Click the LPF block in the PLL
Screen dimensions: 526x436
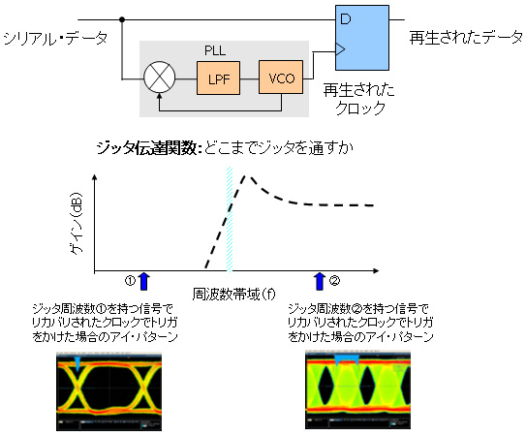[218, 78]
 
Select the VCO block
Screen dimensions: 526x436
[281, 78]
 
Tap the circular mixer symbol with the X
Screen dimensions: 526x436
[159, 78]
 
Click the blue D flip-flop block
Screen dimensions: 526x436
[362, 38]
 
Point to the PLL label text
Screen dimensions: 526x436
[215, 50]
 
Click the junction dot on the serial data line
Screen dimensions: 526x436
[122, 19]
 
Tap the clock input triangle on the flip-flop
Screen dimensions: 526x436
[340, 49]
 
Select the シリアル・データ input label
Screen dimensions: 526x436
[55, 39]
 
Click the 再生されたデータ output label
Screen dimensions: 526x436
[466, 37]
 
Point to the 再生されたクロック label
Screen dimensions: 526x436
[359, 99]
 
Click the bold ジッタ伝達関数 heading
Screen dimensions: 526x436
[147, 148]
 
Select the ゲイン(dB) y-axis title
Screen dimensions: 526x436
[77, 224]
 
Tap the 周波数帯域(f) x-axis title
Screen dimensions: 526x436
[233, 295]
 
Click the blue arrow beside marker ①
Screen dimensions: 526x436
[144, 281]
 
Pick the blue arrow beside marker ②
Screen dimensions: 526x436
[320, 281]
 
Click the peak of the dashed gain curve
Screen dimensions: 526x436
[246, 175]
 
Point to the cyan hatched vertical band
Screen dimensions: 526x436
[230, 219]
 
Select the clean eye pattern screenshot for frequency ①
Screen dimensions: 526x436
[109, 391]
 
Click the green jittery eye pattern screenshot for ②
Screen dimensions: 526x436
[358, 389]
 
